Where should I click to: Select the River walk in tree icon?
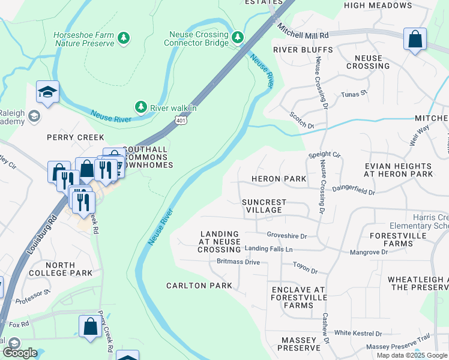pyautogui.click(x=141, y=107)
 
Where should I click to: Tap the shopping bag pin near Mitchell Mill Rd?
pyautogui.click(x=415, y=40)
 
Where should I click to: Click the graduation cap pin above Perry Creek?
pyautogui.click(x=47, y=92)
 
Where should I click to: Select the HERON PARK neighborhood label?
pyautogui.click(x=279, y=179)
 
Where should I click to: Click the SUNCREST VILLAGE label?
pyautogui.click(x=264, y=206)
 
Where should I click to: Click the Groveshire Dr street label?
pyautogui.click(x=287, y=236)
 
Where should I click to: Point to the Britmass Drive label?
pyautogui.click(x=238, y=262)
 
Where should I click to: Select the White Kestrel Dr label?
pyautogui.click(x=358, y=333)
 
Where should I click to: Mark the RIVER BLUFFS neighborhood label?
pyautogui.click(x=303, y=49)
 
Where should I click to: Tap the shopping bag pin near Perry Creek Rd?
pyautogui.click(x=90, y=328)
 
